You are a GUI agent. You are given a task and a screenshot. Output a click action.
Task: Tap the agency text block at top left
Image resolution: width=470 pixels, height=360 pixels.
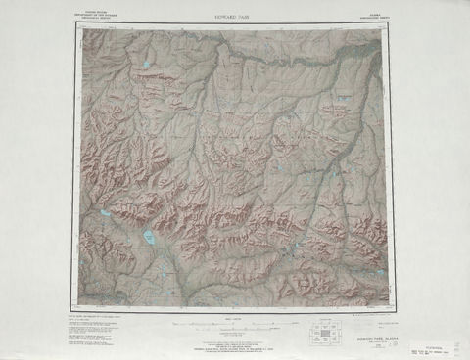tap(92, 17)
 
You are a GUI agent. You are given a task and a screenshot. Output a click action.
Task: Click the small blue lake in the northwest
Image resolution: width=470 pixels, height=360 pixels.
tap(146, 66)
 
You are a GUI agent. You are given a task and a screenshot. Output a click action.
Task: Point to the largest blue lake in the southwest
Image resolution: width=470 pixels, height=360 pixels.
tap(148, 237)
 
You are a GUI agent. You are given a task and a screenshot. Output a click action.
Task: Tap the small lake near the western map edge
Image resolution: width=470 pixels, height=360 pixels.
tap(104, 212)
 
